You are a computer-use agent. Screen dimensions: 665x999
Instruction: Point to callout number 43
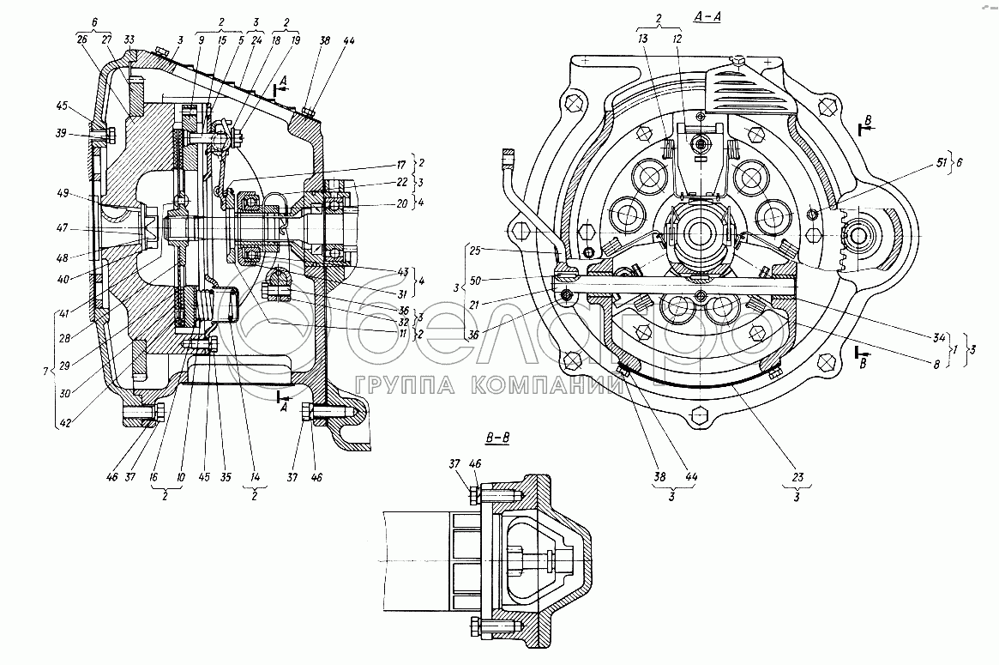coord(401,272)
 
